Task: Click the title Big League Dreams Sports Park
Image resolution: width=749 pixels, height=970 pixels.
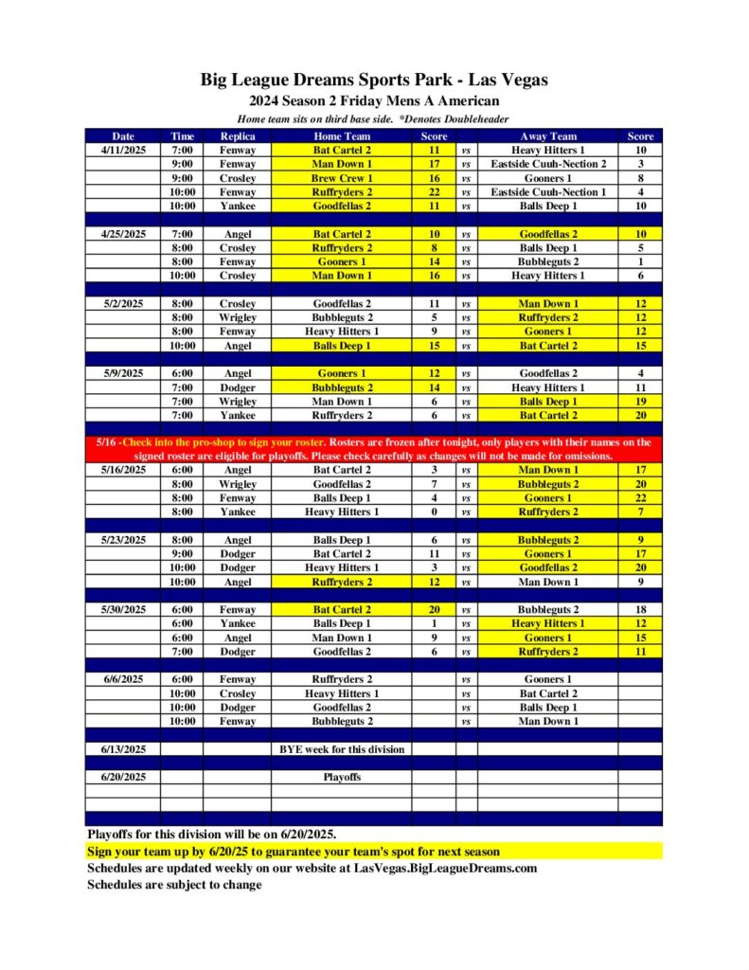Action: (x=374, y=80)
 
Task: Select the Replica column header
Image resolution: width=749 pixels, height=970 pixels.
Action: (x=237, y=136)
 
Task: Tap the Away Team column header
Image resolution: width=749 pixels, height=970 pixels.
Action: (x=547, y=136)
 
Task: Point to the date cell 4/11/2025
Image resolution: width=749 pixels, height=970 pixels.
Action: (x=123, y=150)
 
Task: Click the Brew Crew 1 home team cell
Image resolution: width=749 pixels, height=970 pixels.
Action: (x=341, y=178)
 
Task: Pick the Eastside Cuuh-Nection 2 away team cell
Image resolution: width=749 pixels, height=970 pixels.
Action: (x=547, y=164)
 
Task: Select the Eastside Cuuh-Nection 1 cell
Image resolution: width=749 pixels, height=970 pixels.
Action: (x=547, y=192)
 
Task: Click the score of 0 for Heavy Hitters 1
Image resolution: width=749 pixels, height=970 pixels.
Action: (x=434, y=512)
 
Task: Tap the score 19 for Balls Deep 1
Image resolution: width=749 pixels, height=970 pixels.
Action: (x=640, y=402)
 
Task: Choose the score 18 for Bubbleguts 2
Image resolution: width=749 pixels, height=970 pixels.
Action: (x=640, y=610)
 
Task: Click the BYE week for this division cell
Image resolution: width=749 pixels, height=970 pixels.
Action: (x=341, y=749)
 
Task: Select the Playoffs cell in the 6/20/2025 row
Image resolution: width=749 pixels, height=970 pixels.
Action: (x=341, y=777)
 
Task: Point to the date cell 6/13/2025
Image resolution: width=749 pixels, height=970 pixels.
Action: (x=123, y=749)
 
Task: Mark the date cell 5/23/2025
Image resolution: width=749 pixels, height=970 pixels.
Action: (x=123, y=540)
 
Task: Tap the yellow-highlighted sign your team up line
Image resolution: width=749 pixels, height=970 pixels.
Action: (x=294, y=852)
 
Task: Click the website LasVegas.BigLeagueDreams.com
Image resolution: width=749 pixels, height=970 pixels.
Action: (x=445, y=868)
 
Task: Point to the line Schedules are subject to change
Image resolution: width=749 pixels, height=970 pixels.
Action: (x=174, y=885)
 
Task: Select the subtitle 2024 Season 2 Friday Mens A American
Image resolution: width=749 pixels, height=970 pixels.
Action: (x=374, y=101)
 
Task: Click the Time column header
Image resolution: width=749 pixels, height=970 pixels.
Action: (x=182, y=136)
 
